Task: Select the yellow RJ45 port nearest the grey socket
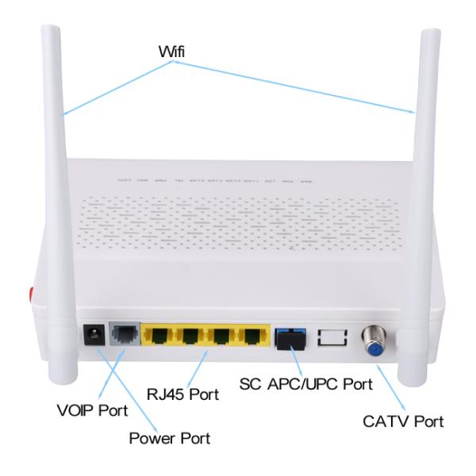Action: pos(159,336)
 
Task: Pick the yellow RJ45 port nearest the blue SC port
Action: pos(253,336)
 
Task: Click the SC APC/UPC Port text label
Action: pos(305,386)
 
